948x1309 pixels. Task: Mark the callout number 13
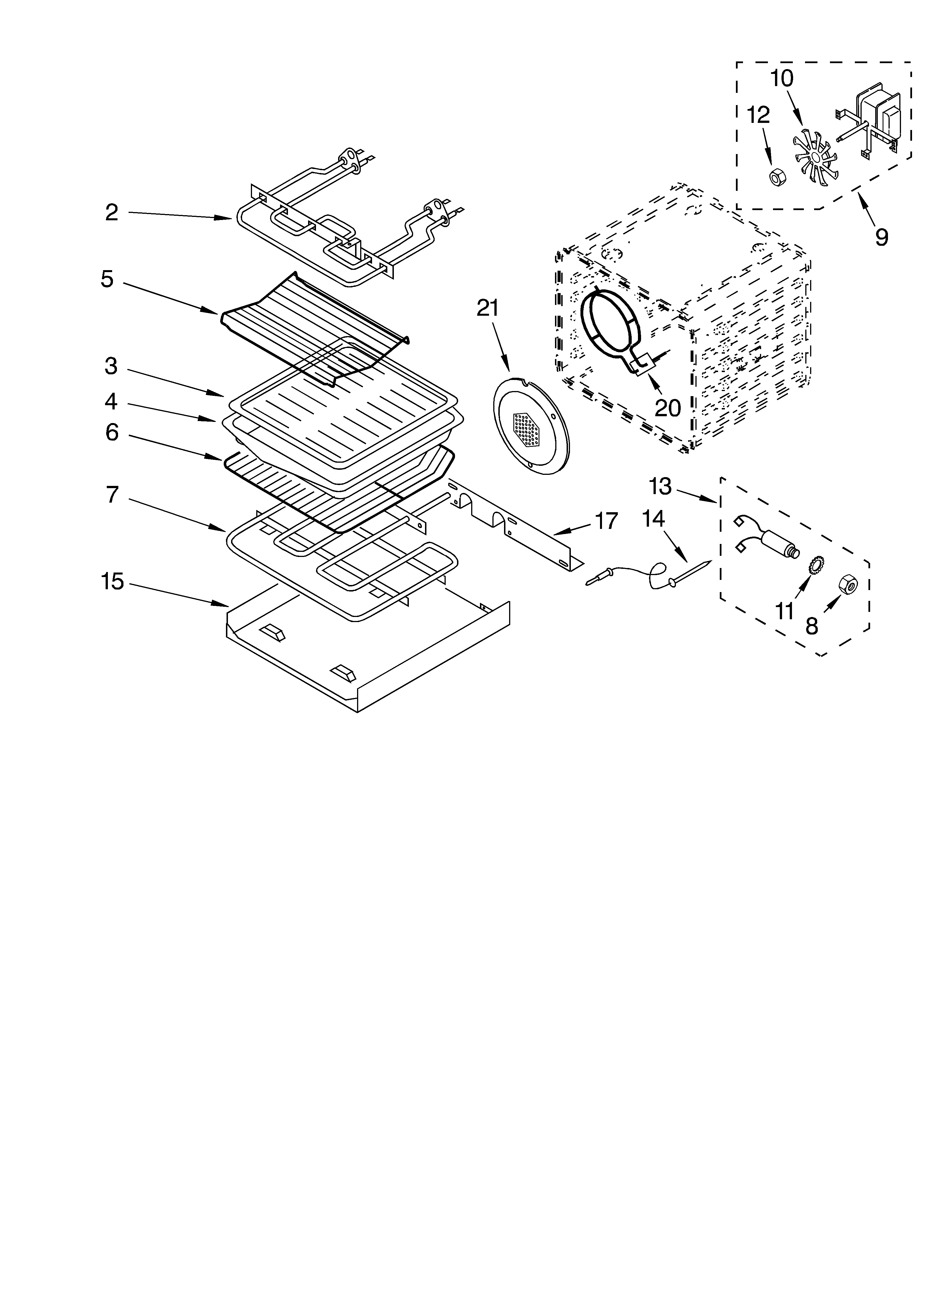point(660,486)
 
